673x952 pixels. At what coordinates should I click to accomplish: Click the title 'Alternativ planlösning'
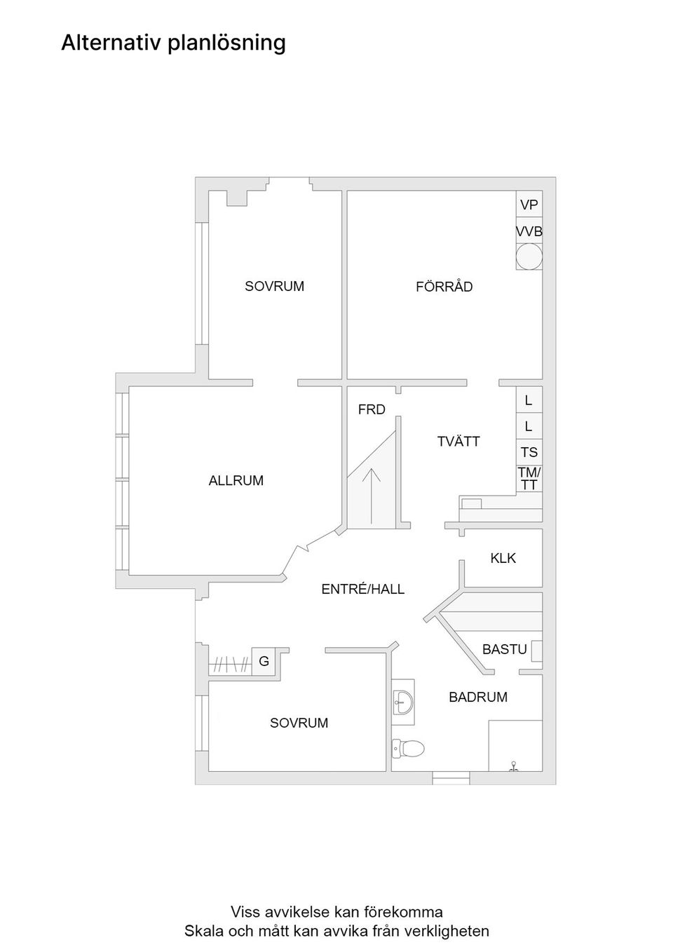(173, 43)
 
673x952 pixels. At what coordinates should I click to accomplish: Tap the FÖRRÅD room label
(444, 287)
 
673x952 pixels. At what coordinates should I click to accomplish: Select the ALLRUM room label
(236, 481)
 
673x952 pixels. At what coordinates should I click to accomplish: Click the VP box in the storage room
(529, 205)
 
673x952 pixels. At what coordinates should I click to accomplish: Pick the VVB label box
(529, 231)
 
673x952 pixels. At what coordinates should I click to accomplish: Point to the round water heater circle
(529, 257)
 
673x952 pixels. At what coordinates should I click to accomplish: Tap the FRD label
(372, 409)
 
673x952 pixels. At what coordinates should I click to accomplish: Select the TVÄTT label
(458, 442)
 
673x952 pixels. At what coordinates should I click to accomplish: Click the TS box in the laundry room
(529, 452)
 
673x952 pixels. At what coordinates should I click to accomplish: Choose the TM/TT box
(529, 478)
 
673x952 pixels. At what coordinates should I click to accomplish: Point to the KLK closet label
(503, 559)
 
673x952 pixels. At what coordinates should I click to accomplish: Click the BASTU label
(504, 650)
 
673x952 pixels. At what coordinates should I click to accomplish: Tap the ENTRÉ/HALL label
(362, 590)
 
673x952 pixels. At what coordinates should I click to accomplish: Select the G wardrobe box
(264, 661)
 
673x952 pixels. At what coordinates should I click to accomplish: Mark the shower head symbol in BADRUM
(514, 766)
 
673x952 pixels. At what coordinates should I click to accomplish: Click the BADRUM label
(478, 698)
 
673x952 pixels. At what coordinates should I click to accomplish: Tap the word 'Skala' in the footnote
(203, 932)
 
